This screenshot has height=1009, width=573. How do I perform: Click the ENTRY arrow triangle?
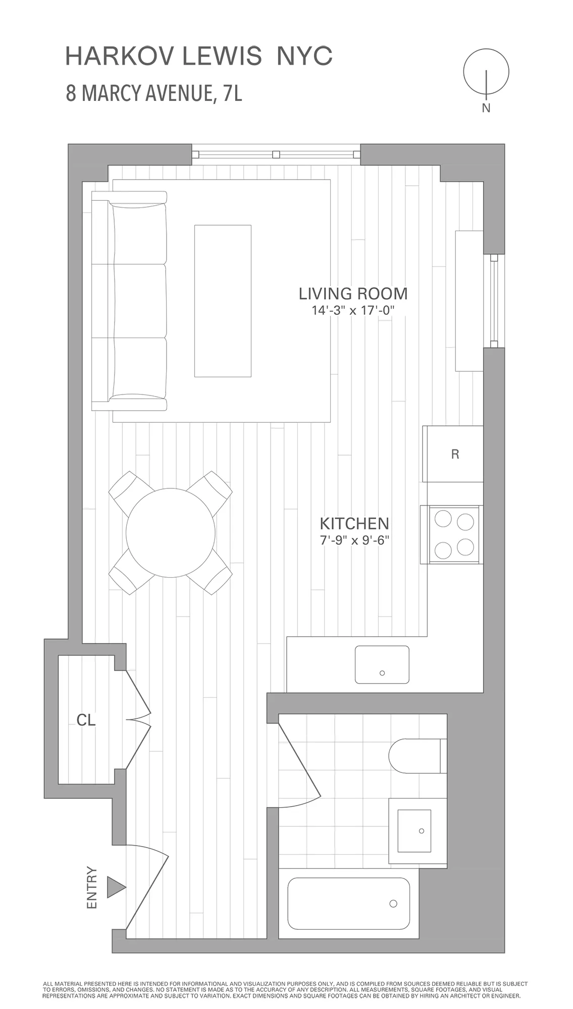pyautogui.click(x=115, y=887)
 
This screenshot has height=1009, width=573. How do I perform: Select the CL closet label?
pyautogui.click(x=86, y=720)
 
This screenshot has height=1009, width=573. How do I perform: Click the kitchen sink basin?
pyautogui.click(x=382, y=664)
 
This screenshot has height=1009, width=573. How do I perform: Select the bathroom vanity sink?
pyautogui.click(x=414, y=830)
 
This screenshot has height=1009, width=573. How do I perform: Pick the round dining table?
pyautogui.click(x=171, y=533)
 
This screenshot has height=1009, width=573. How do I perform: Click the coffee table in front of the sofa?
pyautogui.click(x=223, y=301)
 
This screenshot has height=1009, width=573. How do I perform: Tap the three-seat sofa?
pyautogui.click(x=130, y=301)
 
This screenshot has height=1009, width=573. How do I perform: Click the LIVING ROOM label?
pyautogui.click(x=353, y=294)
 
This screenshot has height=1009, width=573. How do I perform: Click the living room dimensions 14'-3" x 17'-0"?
pyautogui.click(x=352, y=310)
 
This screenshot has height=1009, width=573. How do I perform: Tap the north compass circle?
pyautogui.click(x=486, y=72)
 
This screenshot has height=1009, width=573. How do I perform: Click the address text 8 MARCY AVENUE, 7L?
pyautogui.click(x=154, y=93)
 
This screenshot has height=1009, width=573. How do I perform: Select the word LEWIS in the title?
pyautogui.click(x=222, y=56)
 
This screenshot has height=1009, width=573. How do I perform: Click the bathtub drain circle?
pyautogui.click(x=393, y=904)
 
